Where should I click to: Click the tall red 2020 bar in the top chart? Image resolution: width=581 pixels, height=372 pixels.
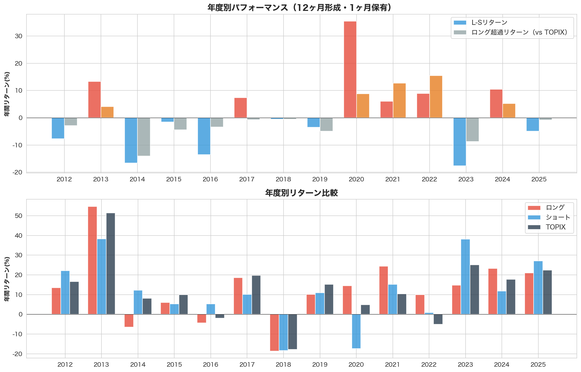[x=350, y=69]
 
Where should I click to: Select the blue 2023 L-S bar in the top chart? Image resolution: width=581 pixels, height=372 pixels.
[x=459, y=141]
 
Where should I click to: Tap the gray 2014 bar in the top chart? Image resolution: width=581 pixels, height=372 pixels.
[x=144, y=137]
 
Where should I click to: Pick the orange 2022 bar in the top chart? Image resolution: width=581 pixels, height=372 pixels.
[x=436, y=97]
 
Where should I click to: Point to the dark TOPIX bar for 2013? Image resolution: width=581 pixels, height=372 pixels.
[x=111, y=263]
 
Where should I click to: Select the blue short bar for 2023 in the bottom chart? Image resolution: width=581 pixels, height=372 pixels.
[x=465, y=277]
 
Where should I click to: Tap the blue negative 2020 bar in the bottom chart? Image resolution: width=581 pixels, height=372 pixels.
[x=356, y=331]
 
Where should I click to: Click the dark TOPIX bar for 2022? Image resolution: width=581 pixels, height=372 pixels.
[x=438, y=319]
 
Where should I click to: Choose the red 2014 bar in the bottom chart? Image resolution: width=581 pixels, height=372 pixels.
[x=129, y=320]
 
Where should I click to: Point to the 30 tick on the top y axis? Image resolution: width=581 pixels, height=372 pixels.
[x=19, y=36]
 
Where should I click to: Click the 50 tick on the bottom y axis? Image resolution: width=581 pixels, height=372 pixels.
[x=19, y=216]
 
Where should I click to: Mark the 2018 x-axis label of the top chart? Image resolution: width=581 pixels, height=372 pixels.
[x=283, y=179]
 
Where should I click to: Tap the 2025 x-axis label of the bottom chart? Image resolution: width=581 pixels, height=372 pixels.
[x=538, y=365]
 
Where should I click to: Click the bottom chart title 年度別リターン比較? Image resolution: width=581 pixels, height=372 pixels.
[x=301, y=193]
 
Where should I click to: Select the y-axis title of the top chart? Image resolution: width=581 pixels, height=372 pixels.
[x=7, y=94]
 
